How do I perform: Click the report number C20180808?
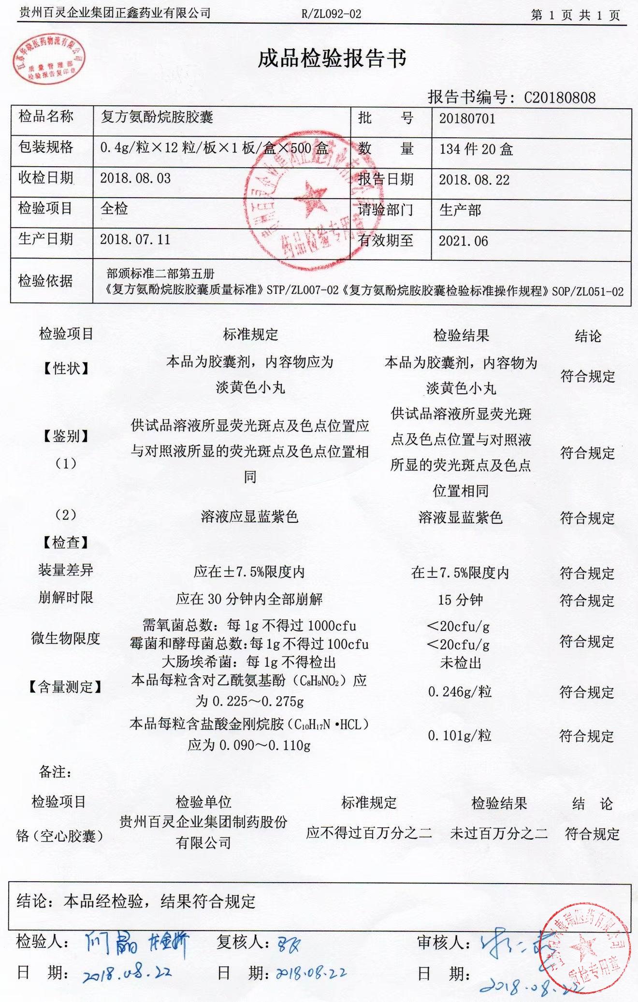(560, 98)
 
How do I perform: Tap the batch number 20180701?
(467, 119)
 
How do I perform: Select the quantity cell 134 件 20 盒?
(476, 149)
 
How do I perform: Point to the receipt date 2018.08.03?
(135, 178)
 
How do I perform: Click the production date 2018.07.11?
(135, 240)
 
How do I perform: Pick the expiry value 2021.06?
(463, 241)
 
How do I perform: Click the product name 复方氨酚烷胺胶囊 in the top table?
(157, 117)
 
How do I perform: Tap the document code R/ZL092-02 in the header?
(331, 14)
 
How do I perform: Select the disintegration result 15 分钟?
(460, 600)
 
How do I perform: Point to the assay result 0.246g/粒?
(460, 692)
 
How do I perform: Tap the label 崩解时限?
(66, 598)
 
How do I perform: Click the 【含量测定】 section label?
(65, 687)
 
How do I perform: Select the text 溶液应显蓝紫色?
(249, 517)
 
